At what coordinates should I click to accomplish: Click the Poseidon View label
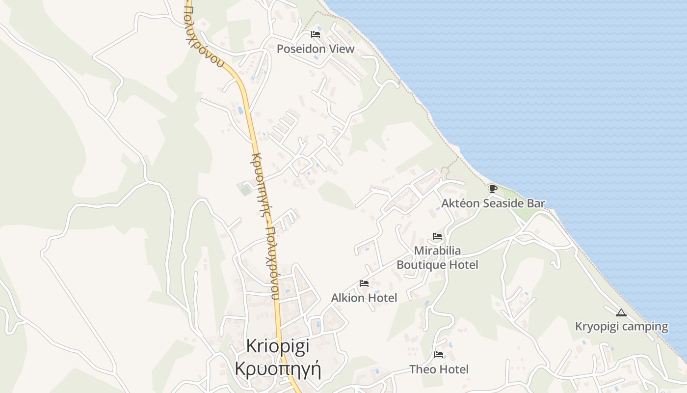click(316, 49)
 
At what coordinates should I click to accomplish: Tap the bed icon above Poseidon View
click(316, 34)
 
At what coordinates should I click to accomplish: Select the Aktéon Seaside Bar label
click(493, 203)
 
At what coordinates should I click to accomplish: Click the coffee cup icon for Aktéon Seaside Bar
click(493, 189)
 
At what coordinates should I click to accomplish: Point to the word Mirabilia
click(437, 251)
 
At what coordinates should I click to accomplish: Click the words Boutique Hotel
click(437, 265)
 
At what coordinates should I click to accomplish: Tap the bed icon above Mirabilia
click(437, 236)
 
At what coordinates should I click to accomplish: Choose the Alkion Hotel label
click(364, 298)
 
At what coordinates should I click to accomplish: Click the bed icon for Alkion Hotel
click(364, 283)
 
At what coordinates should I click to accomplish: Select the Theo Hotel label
click(439, 369)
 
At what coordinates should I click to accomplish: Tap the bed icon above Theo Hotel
click(439, 355)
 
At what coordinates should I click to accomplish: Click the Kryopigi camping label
click(621, 326)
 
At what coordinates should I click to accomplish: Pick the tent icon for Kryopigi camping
click(621, 312)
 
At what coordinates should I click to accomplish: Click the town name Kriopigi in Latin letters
click(278, 346)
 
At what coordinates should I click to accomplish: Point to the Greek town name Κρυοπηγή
click(278, 368)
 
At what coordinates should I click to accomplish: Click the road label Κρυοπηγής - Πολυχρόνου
click(265, 226)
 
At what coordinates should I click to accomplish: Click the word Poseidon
click(299, 49)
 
